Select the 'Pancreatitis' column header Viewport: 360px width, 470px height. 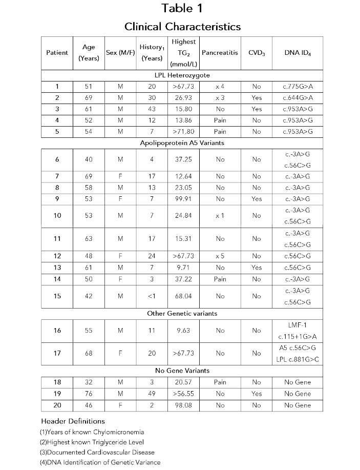tap(220, 53)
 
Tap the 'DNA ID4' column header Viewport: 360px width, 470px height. tap(297, 53)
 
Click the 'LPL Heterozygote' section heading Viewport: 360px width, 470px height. tap(182, 75)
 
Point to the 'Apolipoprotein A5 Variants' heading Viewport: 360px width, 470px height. tap(182, 143)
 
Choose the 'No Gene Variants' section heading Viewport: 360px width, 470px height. tap(182, 371)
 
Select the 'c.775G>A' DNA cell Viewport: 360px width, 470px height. tap(297, 87)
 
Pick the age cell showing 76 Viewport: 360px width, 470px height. tap(89, 394)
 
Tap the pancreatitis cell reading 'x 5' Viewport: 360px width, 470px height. tap(220, 256)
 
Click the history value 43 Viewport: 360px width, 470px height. tap(152, 109)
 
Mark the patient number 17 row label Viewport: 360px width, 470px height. tap(57, 353)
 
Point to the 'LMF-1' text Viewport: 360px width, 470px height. tap(297, 325)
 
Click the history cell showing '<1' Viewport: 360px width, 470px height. tap(152, 296)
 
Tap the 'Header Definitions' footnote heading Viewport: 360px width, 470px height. tap(72, 421)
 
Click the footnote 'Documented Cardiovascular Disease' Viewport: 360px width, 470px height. tap(97, 452)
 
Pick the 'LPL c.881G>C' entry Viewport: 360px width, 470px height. tap(297, 359)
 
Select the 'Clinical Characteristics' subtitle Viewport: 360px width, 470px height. tap(182, 26)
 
